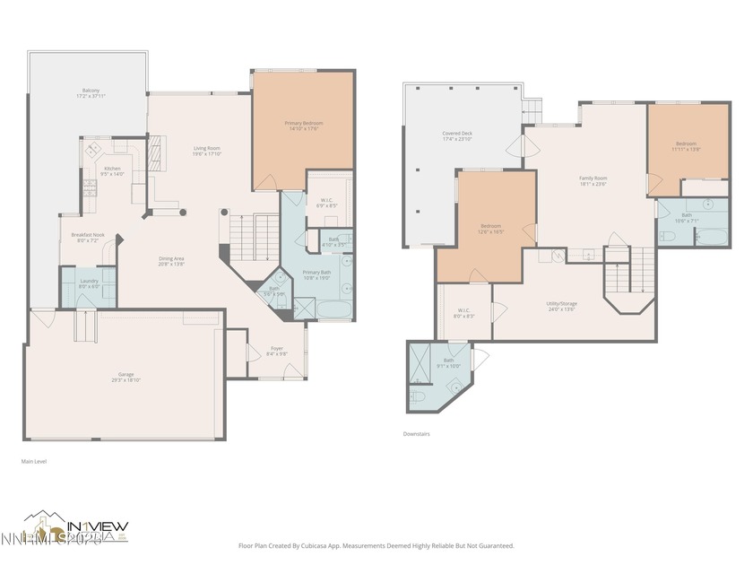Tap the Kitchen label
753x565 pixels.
coord(112,171)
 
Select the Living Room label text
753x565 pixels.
coord(207,151)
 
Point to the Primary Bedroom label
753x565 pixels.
coord(303,126)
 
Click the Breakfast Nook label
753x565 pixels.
coord(88,238)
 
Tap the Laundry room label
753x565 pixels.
coord(89,283)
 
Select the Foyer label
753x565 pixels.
coord(277,351)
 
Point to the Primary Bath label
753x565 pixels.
coord(316,274)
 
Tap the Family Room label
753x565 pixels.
coord(593,181)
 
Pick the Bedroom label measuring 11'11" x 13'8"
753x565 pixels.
coord(687,146)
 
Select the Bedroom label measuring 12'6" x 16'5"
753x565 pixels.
coord(490,229)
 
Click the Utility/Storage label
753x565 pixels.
coord(562,306)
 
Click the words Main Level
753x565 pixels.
coord(34,461)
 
